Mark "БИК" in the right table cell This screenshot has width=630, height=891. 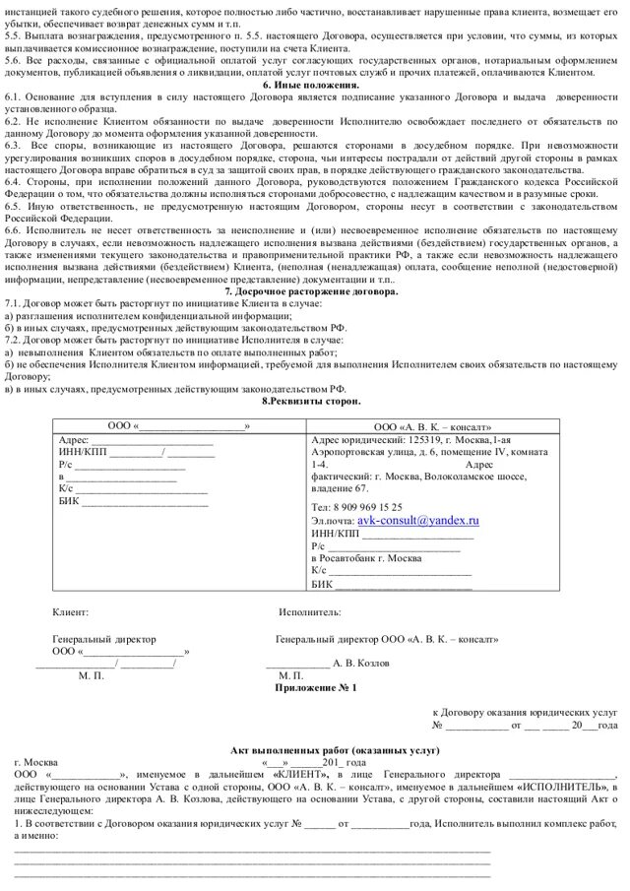(x=322, y=582)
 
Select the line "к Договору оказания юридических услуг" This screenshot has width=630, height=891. (x=525, y=711)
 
